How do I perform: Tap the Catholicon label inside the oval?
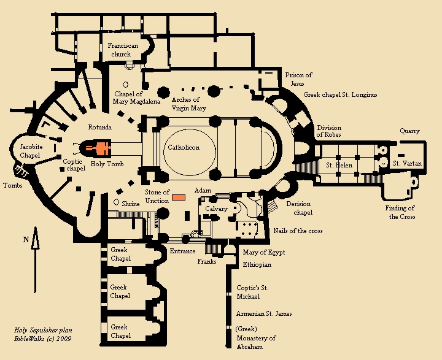pos(183,147)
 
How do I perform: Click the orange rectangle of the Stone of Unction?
pos(179,197)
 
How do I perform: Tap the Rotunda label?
pos(100,127)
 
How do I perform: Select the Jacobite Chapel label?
pos(31,151)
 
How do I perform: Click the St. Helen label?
pos(339,165)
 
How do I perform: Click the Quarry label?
pos(410,131)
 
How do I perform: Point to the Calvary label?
pos(217,209)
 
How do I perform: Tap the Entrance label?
pos(182,251)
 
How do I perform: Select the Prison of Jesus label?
pos(298,79)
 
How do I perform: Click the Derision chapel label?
pos(299,208)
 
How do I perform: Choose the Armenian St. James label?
pos(264,314)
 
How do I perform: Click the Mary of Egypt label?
pos(265,252)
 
